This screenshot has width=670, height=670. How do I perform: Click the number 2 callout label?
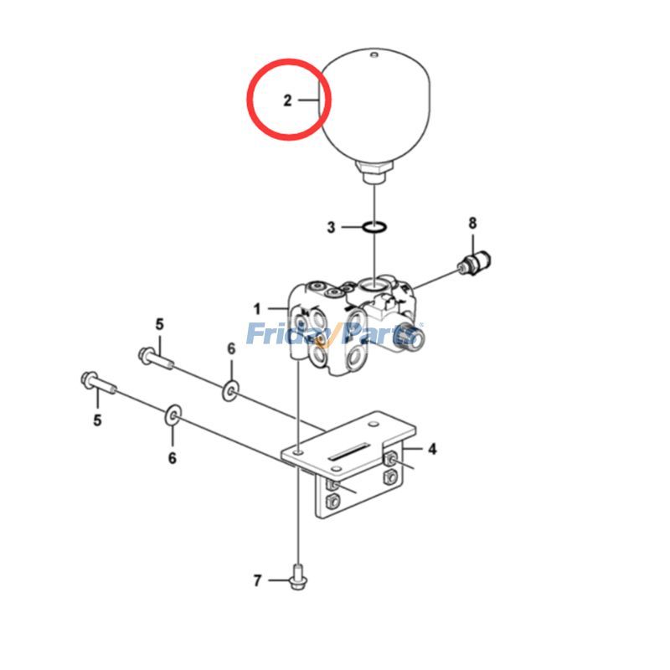(287, 100)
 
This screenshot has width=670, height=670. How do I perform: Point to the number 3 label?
(332, 227)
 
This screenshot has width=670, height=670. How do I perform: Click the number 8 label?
(472, 223)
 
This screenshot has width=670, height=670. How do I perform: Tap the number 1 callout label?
(258, 309)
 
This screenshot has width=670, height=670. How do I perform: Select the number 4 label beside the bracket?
(432, 449)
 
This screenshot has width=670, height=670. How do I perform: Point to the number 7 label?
(258, 580)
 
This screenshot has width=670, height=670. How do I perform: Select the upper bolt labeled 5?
(157, 358)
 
